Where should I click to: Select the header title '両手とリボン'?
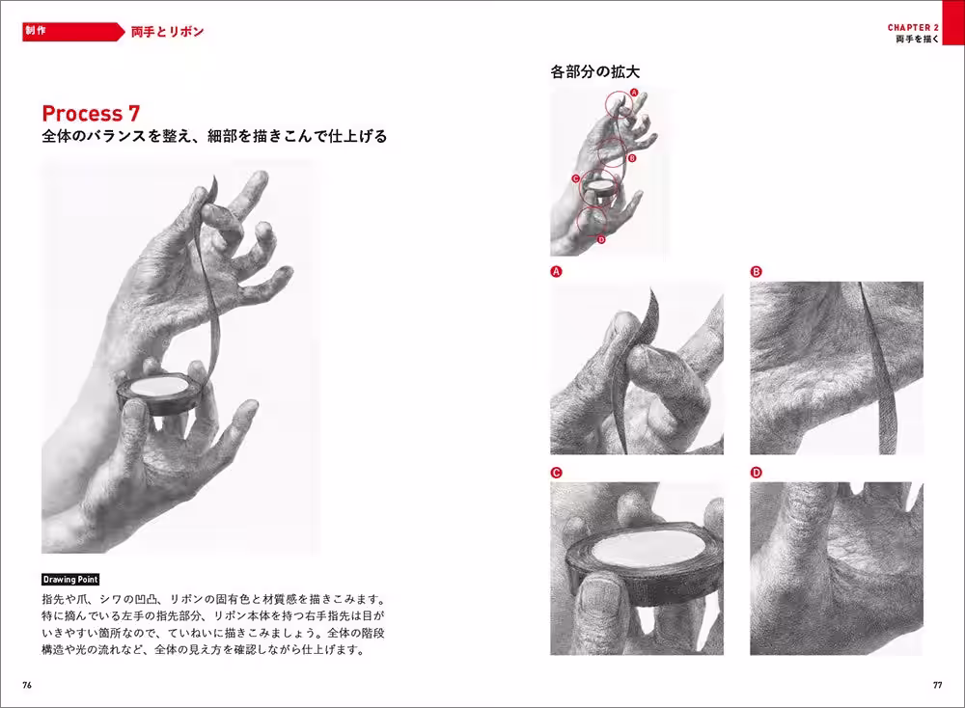coord(167,32)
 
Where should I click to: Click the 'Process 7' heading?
coord(97,113)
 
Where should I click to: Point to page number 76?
coord(27,684)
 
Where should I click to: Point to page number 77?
coord(937,684)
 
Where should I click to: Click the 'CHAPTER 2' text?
coord(913,28)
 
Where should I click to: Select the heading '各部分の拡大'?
coord(595,71)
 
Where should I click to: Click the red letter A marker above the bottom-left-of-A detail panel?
coord(556,272)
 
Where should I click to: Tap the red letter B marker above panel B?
coord(756,272)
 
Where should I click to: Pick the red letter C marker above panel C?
coord(556,473)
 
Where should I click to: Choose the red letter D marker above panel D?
coord(756,473)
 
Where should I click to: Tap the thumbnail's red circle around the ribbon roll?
coord(599,187)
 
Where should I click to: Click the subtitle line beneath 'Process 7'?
coord(214,137)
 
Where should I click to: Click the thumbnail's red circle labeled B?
coord(612,151)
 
